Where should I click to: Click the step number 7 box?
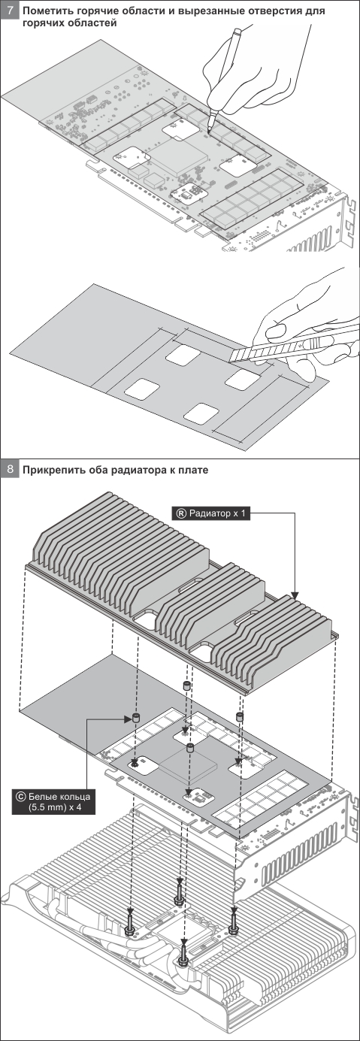11,11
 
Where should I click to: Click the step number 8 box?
11,469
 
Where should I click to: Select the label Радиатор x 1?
213,513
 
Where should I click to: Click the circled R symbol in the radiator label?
180,513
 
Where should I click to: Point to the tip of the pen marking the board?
209,133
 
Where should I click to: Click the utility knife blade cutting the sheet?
241,355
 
